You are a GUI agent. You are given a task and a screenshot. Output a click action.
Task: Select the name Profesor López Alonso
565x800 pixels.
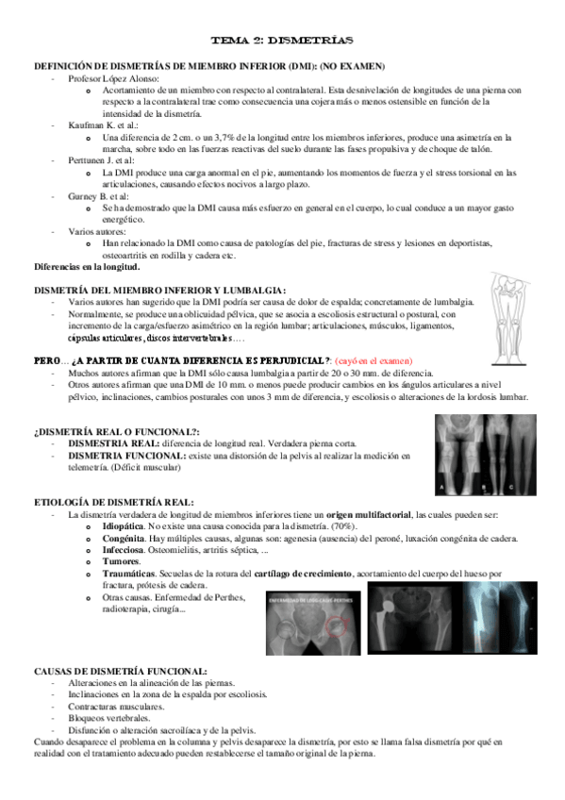106,77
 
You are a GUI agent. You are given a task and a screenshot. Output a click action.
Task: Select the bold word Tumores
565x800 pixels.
123,561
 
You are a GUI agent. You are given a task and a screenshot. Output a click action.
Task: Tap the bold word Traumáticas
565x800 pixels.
131,574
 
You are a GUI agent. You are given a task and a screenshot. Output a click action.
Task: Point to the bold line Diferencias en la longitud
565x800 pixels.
87,267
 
